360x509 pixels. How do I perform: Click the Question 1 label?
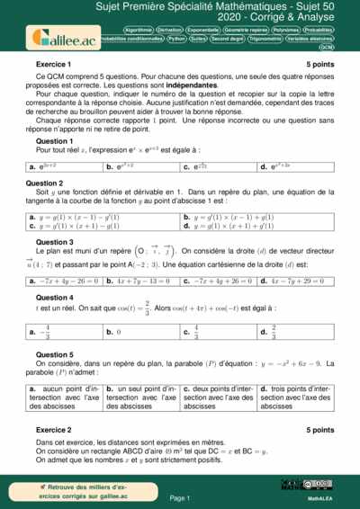[54, 141]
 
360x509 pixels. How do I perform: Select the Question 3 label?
[54, 242]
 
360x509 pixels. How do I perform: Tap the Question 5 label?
[54, 353]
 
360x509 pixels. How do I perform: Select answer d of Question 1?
[297, 166]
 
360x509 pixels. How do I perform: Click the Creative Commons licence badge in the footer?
[320, 485]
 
